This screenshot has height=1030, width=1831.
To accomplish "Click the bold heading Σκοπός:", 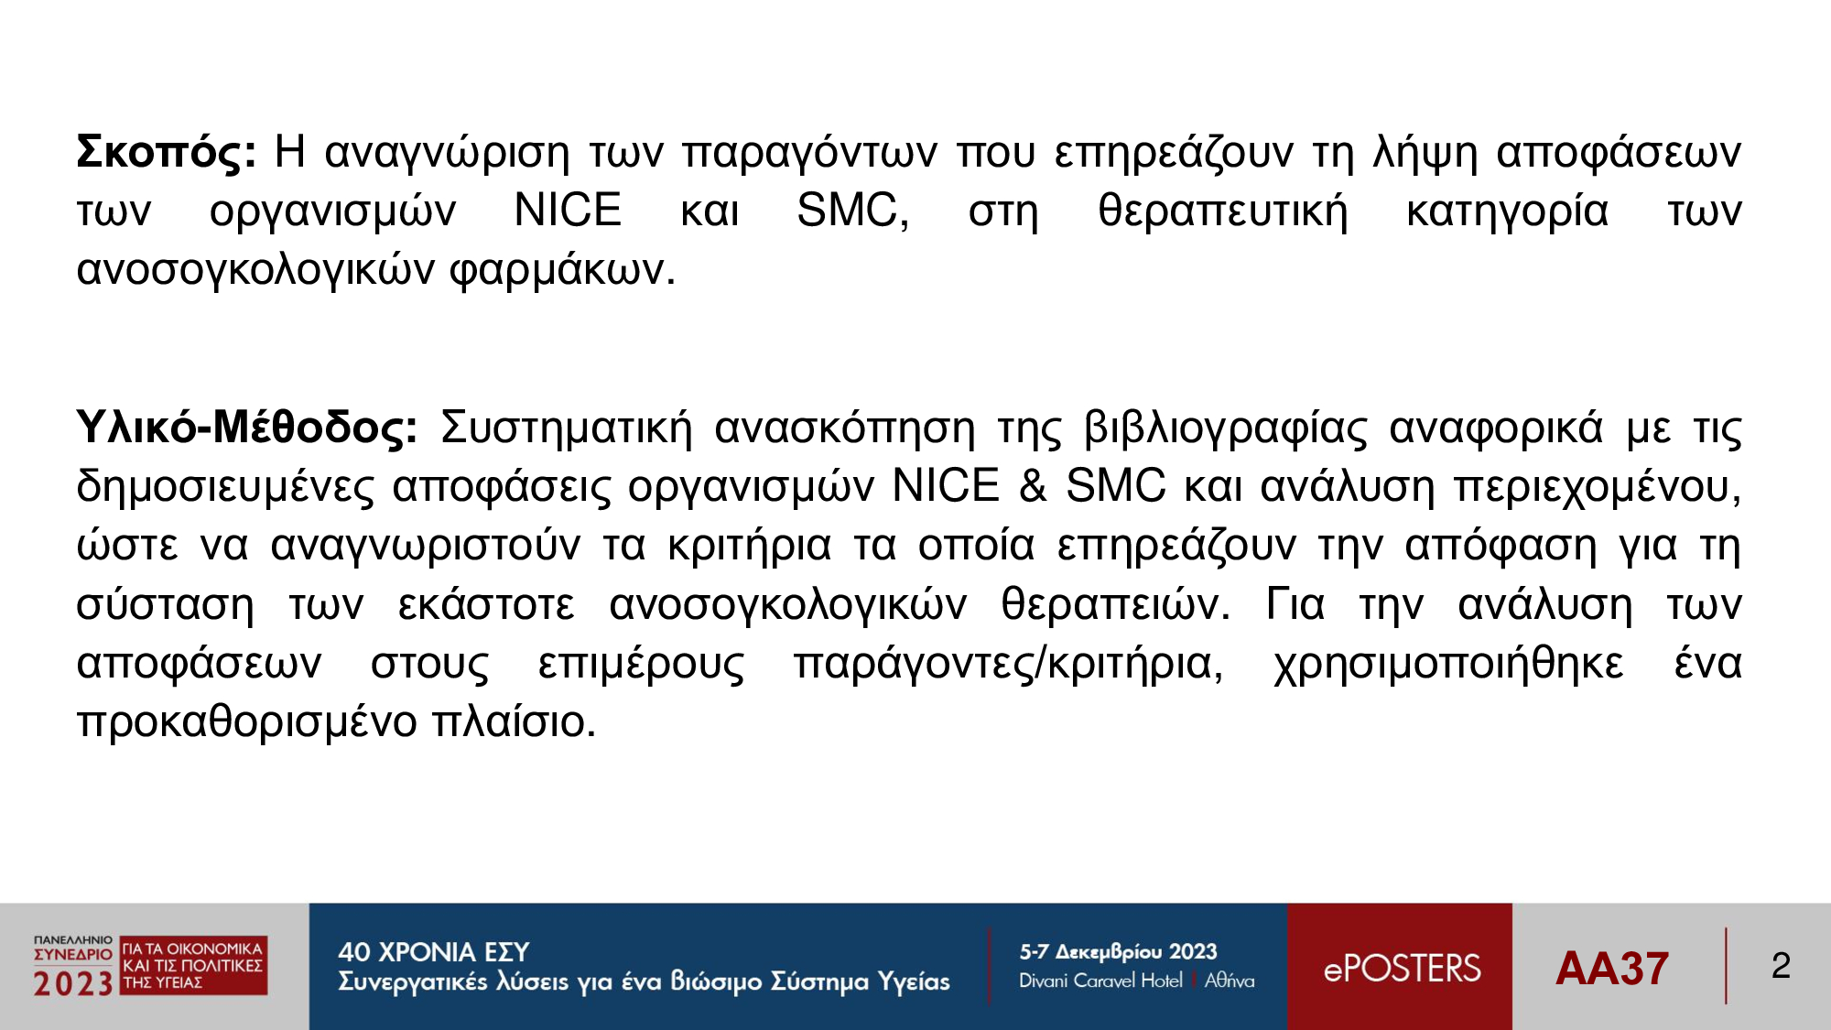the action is [x=166, y=152].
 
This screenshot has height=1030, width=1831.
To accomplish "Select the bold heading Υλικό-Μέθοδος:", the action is [x=247, y=428].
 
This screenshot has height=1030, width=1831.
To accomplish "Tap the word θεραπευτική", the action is [x=1223, y=212].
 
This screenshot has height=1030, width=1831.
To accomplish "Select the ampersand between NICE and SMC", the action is [x=1033, y=485].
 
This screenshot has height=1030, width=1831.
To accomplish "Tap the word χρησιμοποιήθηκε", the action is [x=1448, y=664].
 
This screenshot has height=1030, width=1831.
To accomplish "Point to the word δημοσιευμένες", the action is [x=225, y=487].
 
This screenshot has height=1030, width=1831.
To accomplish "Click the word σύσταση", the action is [x=165, y=605].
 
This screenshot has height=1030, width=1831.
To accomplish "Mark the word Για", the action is [x=1295, y=604].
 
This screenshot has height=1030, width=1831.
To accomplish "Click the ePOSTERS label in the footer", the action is [x=1402, y=969].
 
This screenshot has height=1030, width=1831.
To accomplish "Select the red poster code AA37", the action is [x=1611, y=969].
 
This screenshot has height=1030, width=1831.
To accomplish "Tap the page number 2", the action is [x=1781, y=966].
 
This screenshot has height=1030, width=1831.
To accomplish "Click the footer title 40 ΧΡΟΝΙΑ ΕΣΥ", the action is [x=433, y=952].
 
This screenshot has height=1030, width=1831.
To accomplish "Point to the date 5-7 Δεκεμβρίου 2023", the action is [x=1118, y=952].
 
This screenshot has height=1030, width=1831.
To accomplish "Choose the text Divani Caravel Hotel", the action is [x=1100, y=981].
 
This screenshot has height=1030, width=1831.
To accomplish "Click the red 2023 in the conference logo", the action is [x=73, y=984].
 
